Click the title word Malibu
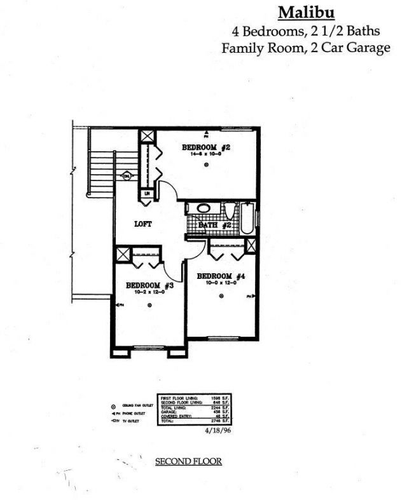click(x=307, y=12)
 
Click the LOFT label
click(x=142, y=224)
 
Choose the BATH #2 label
click(x=214, y=225)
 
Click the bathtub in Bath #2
click(x=247, y=218)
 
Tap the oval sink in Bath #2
click(x=204, y=208)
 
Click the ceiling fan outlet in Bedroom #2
click(x=207, y=165)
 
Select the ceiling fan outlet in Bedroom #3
click(x=150, y=306)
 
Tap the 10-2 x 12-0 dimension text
click(x=149, y=292)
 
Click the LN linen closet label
click(x=147, y=194)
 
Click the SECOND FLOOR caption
click(x=188, y=461)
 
